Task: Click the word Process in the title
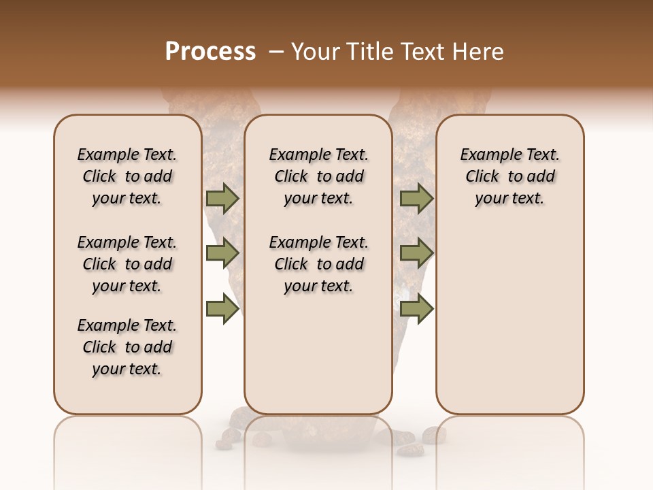pos(210,52)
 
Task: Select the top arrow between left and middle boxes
pos(222,199)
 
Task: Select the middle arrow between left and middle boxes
pos(222,254)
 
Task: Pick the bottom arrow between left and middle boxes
pos(222,309)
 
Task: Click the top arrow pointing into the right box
pos(416,199)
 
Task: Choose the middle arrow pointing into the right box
pos(416,254)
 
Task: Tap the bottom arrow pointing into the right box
pos(416,309)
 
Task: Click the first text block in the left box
pos(127,176)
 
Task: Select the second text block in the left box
pos(127,264)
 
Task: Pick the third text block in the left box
pos(127,347)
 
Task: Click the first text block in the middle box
pos(318,176)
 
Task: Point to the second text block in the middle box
pos(318,264)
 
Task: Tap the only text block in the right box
pos(509,176)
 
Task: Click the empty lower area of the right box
pos(509,320)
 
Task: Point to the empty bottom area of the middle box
pos(318,361)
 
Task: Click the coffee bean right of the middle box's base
pos(433,434)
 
